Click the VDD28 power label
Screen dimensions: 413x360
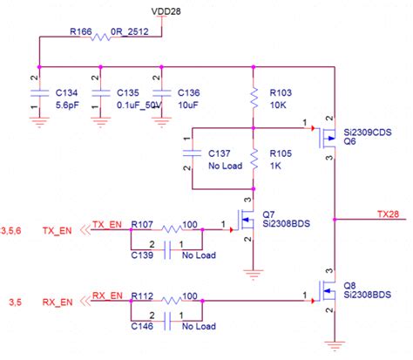(x=166, y=11)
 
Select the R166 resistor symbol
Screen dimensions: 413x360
(x=100, y=37)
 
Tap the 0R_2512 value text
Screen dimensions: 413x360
(x=130, y=31)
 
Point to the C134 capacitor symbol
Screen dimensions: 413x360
(x=39, y=93)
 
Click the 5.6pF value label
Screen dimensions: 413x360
(x=67, y=105)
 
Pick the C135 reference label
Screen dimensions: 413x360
(x=128, y=92)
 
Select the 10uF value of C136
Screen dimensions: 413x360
(x=188, y=105)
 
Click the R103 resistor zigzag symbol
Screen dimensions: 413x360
(x=254, y=98)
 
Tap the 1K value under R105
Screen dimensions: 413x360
(x=275, y=166)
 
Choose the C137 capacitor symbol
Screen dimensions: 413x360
(x=192, y=153)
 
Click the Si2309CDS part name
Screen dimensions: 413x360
(x=368, y=132)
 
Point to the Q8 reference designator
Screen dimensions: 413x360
(x=349, y=285)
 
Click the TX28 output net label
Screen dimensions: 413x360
(x=388, y=214)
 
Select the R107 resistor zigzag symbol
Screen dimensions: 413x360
(x=172, y=229)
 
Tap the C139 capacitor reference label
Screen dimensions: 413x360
(x=142, y=255)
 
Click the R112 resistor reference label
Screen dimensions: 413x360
(x=142, y=296)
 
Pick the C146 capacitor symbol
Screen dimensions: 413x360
(x=167, y=321)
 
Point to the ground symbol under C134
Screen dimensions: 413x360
(x=39, y=122)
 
